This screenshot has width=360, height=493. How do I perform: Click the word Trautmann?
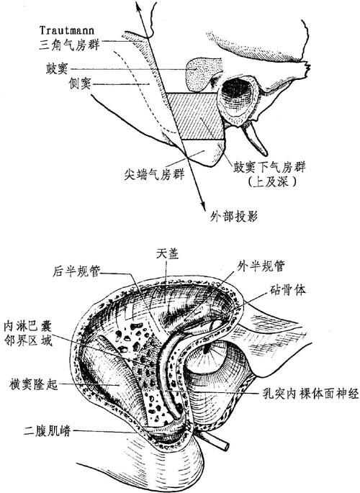point(67,30)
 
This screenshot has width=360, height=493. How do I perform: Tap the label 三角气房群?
point(70,45)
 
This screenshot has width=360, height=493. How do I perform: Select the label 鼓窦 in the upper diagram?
point(57,68)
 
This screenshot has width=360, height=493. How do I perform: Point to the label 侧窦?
point(80,83)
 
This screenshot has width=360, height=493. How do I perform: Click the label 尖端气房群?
point(154,173)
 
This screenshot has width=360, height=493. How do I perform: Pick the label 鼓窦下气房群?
point(269,167)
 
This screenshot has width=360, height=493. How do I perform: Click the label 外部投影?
point(233,217)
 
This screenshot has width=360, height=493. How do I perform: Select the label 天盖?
point(167,254)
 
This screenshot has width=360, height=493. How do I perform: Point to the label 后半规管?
point(76,271)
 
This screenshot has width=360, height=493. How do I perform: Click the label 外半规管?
point(261,266)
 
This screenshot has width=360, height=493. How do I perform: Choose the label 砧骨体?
point(287,290)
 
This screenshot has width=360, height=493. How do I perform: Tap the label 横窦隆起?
point(34,384)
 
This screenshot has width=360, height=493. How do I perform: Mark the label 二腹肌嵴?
point(48,431)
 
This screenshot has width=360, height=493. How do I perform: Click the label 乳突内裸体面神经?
point(310,393)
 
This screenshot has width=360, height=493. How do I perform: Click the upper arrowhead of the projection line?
point(137,6)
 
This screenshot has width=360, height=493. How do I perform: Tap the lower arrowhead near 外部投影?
point(204,206)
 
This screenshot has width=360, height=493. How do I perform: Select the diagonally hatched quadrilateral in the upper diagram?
point(195,116)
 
